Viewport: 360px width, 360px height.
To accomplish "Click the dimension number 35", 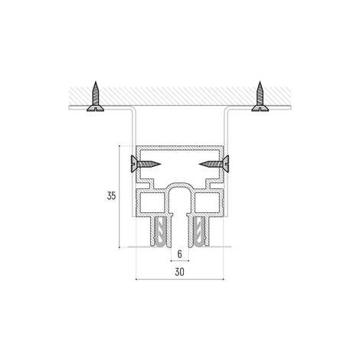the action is [x=112, y=196].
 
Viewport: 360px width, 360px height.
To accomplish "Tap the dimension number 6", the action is [x=180, y=254].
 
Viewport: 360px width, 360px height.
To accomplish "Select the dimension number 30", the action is [x=179, y=272].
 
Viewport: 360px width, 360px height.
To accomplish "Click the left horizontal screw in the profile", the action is [x=146, y=164].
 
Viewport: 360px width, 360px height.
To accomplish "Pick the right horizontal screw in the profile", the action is [x=214, y=164].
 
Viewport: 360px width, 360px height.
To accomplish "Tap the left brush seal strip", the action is [x=160, y=231].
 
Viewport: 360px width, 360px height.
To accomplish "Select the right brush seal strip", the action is [x=199, y=231].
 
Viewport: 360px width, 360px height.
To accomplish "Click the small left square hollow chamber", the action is [x=152, y=202].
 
